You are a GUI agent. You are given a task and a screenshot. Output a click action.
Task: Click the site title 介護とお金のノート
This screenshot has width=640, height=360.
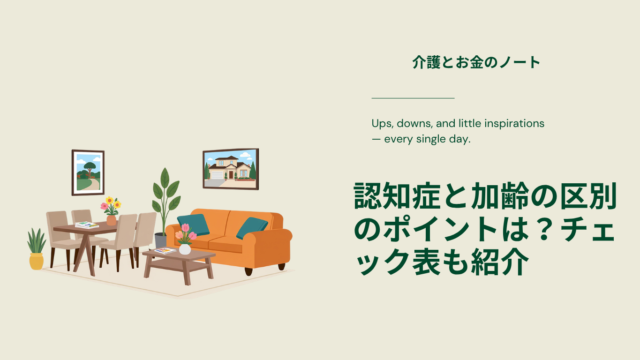tap(476, 62)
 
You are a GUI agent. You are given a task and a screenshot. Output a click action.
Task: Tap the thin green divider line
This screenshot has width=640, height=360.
tap(413, 98)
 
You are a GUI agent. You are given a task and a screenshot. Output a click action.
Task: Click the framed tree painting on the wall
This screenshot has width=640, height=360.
tap(88, 172)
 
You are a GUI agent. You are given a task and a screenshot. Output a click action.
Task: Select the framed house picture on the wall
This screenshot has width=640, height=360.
tap(231, 169)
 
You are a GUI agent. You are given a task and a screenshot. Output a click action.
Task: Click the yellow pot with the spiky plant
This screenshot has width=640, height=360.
tap(36, 261)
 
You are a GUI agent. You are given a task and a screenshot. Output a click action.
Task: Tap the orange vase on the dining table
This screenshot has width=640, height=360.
tap(111, 220)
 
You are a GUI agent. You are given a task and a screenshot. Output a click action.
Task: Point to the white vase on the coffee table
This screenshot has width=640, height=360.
tap(185, 249)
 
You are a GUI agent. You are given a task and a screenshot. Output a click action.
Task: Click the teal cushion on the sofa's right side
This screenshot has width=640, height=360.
tap(251, 227)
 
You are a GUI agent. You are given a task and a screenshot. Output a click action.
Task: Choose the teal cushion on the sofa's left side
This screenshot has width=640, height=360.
tap(193, 224)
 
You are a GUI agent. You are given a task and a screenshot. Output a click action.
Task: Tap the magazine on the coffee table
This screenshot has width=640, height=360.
tap(165, 250)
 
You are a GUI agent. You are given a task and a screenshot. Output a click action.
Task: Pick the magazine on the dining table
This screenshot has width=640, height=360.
tap(87, 225)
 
